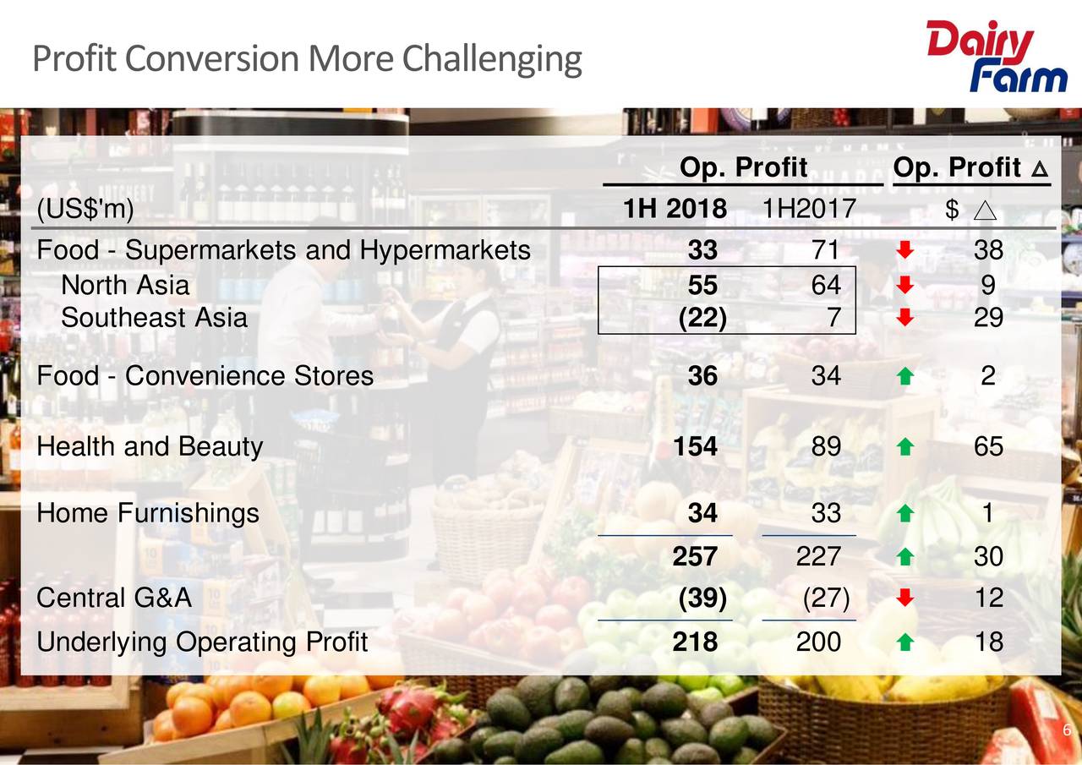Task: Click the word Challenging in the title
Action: (x=491, y=60)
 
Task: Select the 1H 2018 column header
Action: (x=674, y=209)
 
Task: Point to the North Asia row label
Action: (x=125, y=285)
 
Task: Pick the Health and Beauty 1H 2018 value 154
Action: (x=696, y=446)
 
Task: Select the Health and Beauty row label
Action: (x=150, y=446)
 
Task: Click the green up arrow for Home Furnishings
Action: (x=904, y=513)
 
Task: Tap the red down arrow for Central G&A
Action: (x=904, y=599)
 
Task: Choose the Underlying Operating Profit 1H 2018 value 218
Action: (x=696, y=642)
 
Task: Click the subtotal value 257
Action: (x=696, y=556)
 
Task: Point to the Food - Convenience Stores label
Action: (x=205, y=375)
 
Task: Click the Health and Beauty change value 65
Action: (x=988, y=446)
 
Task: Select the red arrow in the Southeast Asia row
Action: (x=904, y=319)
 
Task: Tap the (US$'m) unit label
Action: (x=85, y=209)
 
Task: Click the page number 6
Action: (x=1067, y=731)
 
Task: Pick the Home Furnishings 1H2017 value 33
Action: (x=825, y=513)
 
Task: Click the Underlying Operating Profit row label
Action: (x=202, y=642)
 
